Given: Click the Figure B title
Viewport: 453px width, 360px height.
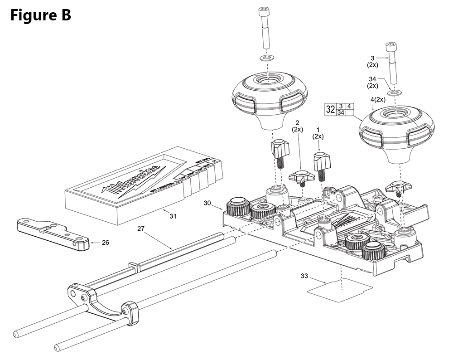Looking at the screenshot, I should (x=40, y=15).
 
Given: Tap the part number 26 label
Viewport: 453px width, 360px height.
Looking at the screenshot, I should (x=105, y=243).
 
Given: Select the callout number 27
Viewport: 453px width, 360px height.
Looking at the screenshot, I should (x=140, y=229).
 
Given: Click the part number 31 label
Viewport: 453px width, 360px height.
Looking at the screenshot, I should (x=173, y=216).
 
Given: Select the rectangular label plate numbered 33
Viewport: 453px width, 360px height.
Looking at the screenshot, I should (x=340, y=287).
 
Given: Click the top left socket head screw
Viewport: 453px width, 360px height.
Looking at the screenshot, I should (x=264, y=27).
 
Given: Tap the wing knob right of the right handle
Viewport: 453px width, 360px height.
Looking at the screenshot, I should (x=397, y=186).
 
